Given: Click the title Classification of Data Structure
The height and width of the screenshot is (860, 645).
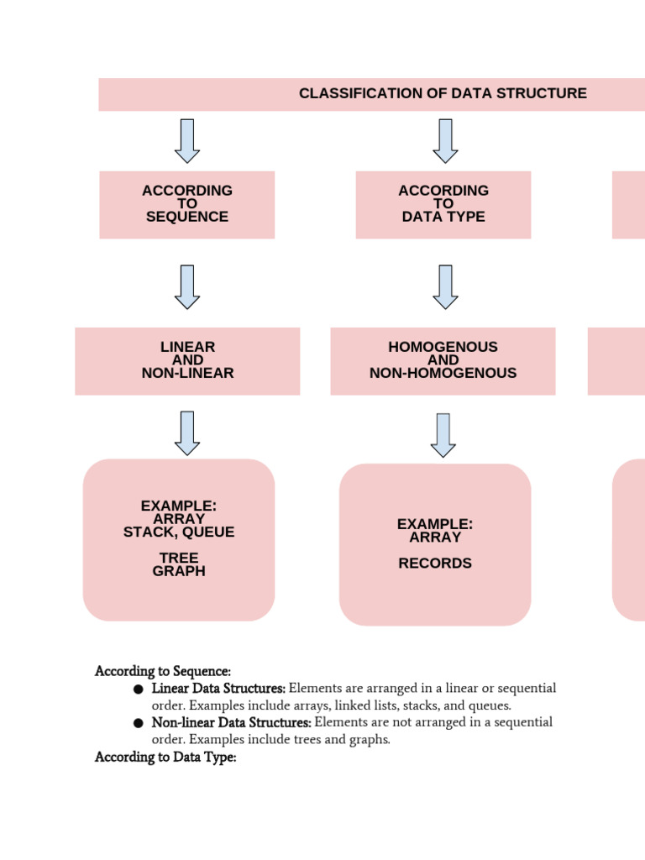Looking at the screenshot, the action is pyautogui.click(x=443, y=93).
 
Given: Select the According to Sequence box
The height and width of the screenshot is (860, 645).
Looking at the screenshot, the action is pyautogui.click(x=187, y=204).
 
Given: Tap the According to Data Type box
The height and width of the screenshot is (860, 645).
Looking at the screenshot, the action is pyautogui.click(x=443, y=204).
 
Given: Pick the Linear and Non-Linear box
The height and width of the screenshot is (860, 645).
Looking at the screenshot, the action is pyautogui.click(x=187, y=360).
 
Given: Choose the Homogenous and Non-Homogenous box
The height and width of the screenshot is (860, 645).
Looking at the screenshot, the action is pyautogui.click(x=443, y=360).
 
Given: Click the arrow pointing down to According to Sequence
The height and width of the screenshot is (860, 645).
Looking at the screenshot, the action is pyautogui.click(x=187, y=141).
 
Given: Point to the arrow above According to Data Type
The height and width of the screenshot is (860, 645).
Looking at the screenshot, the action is pyautogui.click(x=445, y=141).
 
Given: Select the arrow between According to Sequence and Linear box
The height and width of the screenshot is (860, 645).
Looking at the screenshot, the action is pyautogui.click(x=187, y=287).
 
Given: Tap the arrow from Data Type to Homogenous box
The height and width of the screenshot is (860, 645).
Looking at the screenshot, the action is pyautogui.click(x=445, y=287).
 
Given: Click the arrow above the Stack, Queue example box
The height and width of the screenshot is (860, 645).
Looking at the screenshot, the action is pyautogui.click(x=187, y=433).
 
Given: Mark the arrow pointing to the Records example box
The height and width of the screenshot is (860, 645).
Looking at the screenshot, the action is pyautogui.click(x=443, y=435).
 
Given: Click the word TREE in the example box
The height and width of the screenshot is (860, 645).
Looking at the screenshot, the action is pyautogui.click(x=179, y=558).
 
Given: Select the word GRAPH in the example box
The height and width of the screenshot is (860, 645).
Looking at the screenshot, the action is pyautogui.click(x=179, y=571).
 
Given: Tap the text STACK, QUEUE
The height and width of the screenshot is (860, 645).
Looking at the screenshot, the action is pyautogui.click(x=179, y=532).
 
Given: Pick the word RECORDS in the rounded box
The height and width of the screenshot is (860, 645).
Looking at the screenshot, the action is pyautogui.click(x=435, y=564).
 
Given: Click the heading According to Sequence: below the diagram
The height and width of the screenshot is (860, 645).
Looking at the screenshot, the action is pyautogui.click(x=163, y=672).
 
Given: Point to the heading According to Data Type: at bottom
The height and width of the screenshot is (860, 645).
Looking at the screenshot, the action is pyautogui.click(x=165, y=758).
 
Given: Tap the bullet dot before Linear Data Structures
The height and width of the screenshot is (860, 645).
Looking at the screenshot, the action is pyautogui.click(x=138, y=690).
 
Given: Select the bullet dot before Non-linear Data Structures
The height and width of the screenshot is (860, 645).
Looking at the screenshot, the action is pyautogui.click(x=138, y=723).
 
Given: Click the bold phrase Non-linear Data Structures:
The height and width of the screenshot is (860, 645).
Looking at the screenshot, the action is pyautogui.click(x=232, y=723).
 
